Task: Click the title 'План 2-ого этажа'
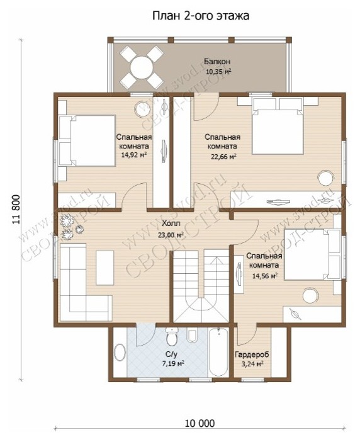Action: coord(201,16)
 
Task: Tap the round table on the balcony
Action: coord(142,67)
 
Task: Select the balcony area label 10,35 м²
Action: coord(218,72)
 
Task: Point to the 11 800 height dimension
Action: coord(16,210)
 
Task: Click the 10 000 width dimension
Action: coord(200,423)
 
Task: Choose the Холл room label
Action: coord(171,223)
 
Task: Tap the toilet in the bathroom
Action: coord(171,337)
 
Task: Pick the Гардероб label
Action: coord(252,354)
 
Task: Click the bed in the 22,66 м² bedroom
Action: coord(278,126)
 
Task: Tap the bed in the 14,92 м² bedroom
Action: coord(87,140)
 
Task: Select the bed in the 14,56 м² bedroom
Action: coord(312,254)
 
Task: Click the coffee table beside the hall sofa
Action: coord(105,268)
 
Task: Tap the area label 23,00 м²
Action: coord(171,235)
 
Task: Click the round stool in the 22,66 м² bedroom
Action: coord(326,178)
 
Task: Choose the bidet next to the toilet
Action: coord(192,335)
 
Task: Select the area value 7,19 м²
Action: coord(173,364)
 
